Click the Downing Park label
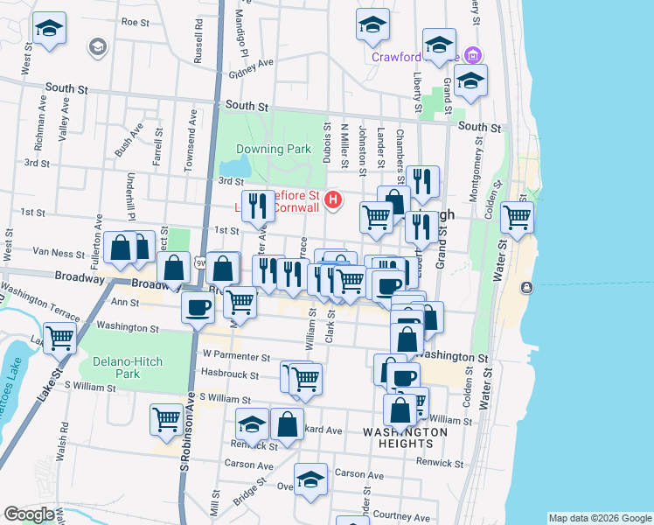274,149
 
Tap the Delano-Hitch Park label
115,367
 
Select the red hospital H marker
332,201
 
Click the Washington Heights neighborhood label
405,438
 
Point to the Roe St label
136,22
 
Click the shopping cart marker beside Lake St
60,337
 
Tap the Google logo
29,514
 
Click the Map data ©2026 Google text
599,518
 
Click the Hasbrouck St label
230,374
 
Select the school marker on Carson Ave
310,479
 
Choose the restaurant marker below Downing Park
255,206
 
